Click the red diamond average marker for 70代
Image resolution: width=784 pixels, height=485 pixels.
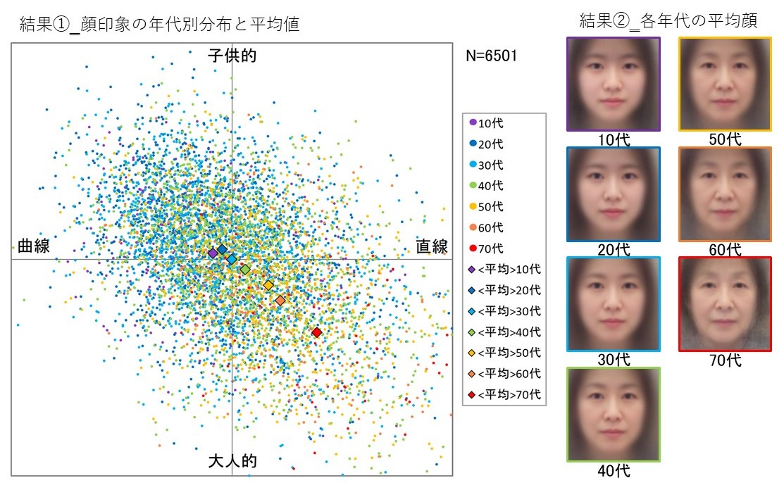(x=317, y=332)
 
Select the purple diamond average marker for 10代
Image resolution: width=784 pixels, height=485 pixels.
(x=213, y=253)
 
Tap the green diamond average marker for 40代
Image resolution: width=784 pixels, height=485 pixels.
(x=245, y=270)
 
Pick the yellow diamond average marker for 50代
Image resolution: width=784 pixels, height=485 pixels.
(x=268, y=285)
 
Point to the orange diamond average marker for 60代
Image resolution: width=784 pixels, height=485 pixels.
(x=280, y=301)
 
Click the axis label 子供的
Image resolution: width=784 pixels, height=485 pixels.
(x=232, y=56)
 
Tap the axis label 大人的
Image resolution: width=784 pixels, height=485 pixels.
(x=232, y=462)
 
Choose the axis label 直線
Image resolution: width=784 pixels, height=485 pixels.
(x=431, y=246)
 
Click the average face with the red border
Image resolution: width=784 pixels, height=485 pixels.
(x=725, y=303)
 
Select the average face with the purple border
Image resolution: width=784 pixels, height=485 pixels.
(x=613, y=84)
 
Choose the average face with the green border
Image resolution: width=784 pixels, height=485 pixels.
(x=613, y=414)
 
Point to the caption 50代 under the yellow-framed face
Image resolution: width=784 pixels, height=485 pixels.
(x=725, y=139)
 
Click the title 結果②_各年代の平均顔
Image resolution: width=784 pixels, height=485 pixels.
(x=668, y=21)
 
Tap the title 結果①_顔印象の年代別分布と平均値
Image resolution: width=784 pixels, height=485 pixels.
(x=160, y=25)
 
